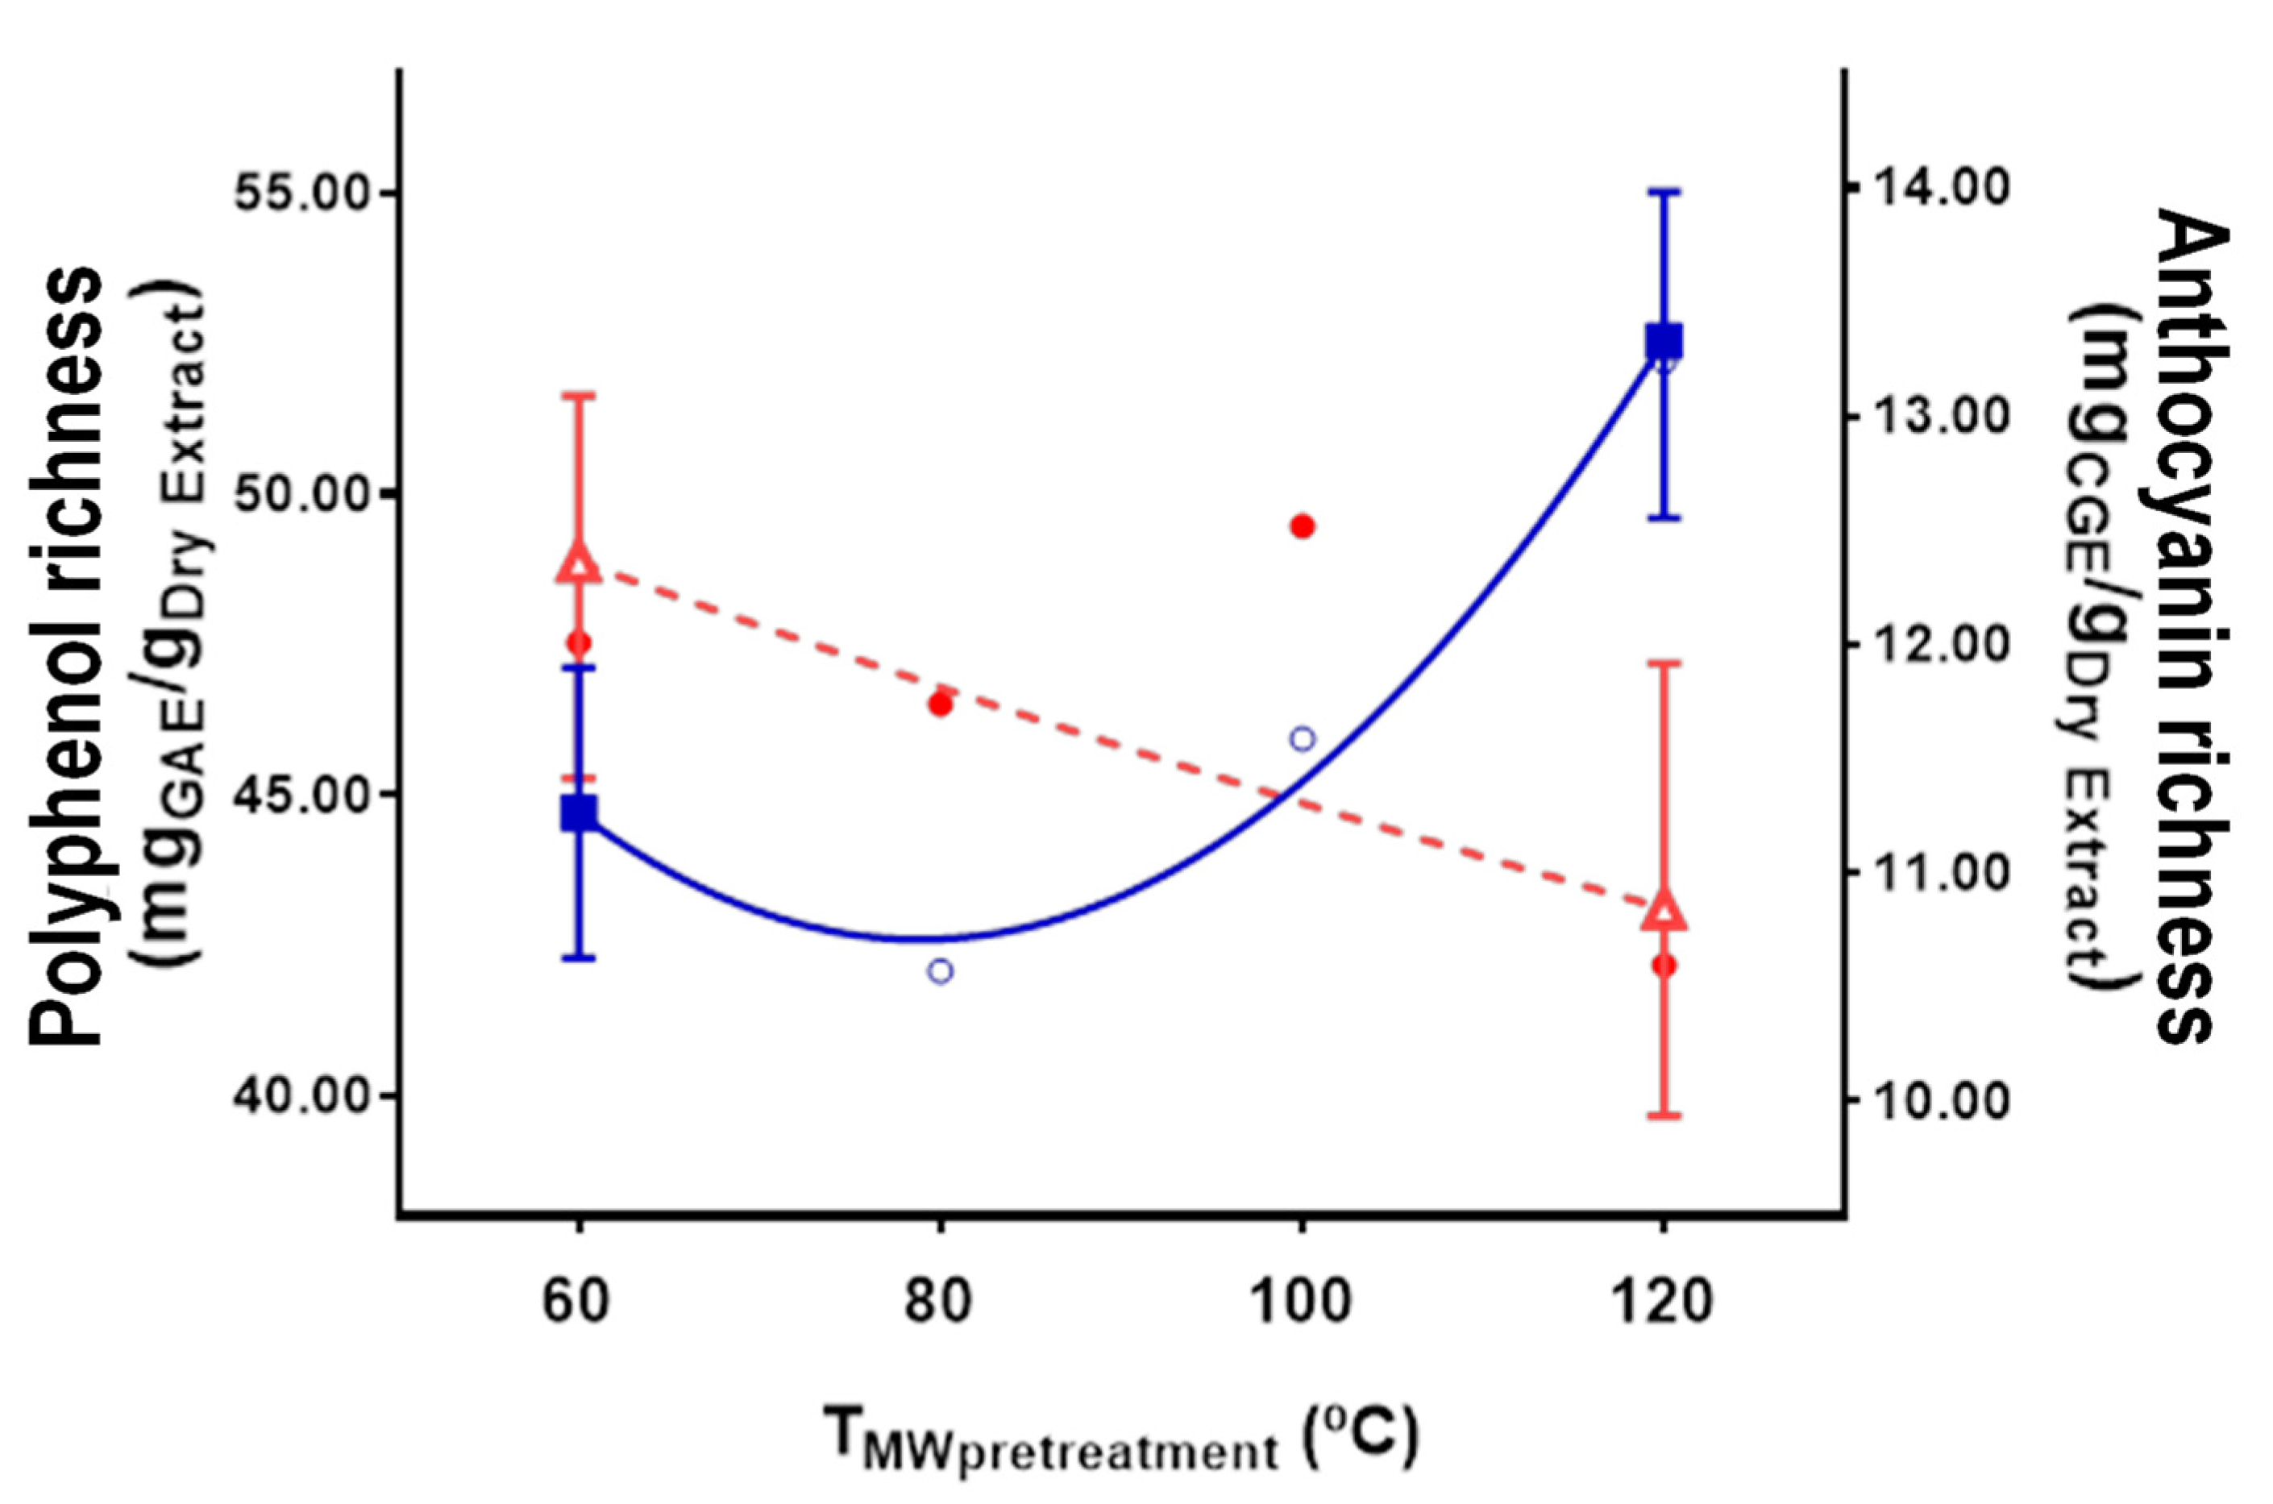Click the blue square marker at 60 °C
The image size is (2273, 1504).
(x=578, y=812)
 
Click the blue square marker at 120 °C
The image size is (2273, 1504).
(x=1664, y=340)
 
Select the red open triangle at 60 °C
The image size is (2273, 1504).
(x=578, y=564)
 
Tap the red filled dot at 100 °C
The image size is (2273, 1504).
(x=1303, y=526)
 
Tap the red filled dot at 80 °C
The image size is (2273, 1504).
(x=940, y=704)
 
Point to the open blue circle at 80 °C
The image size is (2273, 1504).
(x=940, y=970)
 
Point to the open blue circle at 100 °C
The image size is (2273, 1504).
(x=1303, y=738)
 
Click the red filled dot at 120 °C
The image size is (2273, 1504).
(x=1664, y=965)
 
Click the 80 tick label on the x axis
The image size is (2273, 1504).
(x=940, y=1302)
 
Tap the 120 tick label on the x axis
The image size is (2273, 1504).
(x=1664, y=1302)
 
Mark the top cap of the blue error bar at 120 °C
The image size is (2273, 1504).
(x=1664, y=192)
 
